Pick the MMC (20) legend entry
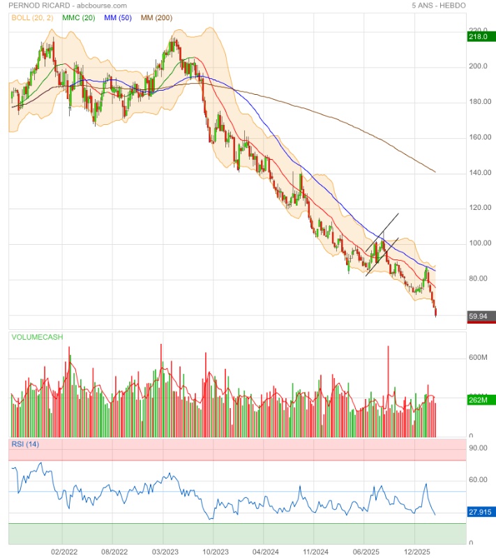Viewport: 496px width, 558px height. (79, 16)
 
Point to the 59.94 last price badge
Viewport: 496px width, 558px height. (480, 316)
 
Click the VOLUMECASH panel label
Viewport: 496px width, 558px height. (37, 337)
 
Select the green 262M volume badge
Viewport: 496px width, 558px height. (480, 400)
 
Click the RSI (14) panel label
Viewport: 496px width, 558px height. (25, 444)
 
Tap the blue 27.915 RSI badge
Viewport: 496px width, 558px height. (480, 513)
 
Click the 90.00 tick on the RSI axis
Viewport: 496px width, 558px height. (478, 448)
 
